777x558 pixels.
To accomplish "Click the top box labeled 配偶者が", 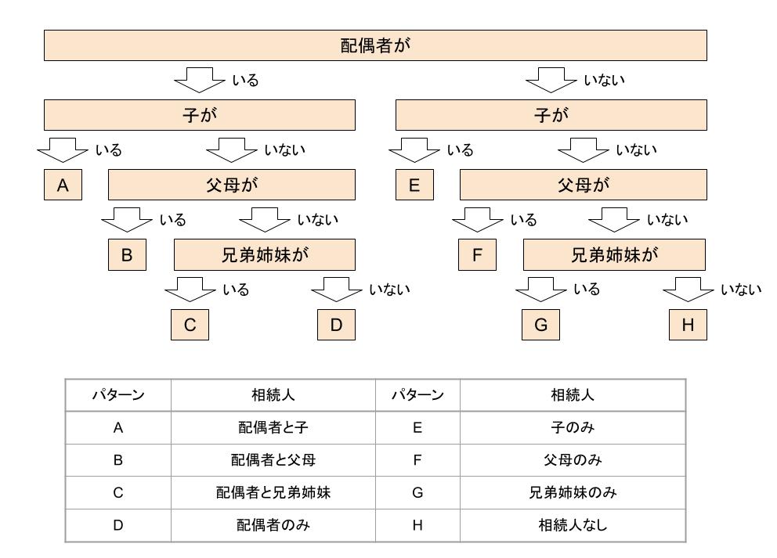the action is pyautogui.click(x=375, y=45).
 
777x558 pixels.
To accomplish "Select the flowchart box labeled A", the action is pyautogui.click(x=63, y=185).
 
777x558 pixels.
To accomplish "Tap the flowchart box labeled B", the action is pyautogui.click(x=128, y=254).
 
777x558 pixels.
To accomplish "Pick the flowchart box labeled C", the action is pyautogui.click(x=190, y=325).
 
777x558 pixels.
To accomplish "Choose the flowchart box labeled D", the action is pyautogui.click(x=337, y=325).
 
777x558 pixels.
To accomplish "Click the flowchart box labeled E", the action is pyautogui.click(x=415, y=185).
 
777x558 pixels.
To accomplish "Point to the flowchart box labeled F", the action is pyautogui.click(x=477, y=254).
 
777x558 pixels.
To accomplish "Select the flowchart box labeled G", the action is pyautogui.click(x=540, y=325).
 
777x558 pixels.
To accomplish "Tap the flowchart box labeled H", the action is pyautogui.click(x=688, y=325).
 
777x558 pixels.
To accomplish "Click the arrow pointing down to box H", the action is pyautogui.click(x=688, y=290).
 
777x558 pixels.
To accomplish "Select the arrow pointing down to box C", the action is pyautogui.click(x=190, y=290).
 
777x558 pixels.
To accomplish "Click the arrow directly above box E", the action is pyautogui.click(x=414, y=150).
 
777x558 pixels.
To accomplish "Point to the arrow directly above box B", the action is pyautogui.click(x=127, y=220).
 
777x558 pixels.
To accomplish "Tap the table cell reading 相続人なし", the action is pyautogui.click(x=573, y=525).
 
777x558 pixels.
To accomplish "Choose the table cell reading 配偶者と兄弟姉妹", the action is pyautogui.click(x=273, y=492).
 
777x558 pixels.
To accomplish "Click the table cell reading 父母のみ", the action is pyautogui.click(x=573, y=460).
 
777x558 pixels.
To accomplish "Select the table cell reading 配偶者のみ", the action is pyautogui.click(x=273, y=525).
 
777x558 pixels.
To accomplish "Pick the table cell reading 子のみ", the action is pyautogui.click(x=573, y=427).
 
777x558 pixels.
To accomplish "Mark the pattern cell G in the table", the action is pyautogui.click(x=417, y=492).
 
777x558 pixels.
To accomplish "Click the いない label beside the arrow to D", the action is pyautogui.click(x=390, y=289).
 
